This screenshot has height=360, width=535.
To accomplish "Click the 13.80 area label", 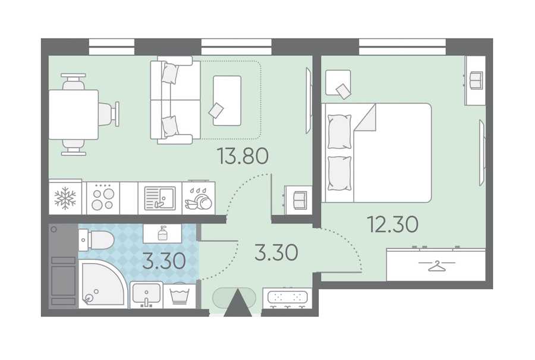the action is (243, 156).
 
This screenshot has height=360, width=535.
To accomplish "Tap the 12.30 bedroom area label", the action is (392, 225).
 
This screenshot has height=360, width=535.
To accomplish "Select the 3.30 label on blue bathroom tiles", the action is (164, 261).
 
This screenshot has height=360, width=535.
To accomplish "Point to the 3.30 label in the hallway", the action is (276, 252).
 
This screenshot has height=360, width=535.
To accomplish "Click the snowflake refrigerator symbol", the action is (65, 198).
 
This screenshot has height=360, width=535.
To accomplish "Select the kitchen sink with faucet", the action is (160, 198).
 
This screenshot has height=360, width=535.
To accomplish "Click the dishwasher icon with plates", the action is (199, 198).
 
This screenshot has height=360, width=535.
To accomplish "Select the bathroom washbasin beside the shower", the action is (146, 295).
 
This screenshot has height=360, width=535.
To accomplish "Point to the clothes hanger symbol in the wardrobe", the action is (437, 266).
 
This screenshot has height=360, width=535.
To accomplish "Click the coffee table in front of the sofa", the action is (227, 101).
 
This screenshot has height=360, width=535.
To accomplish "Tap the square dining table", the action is (73, 115).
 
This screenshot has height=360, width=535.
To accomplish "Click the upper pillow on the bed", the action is (339, 132).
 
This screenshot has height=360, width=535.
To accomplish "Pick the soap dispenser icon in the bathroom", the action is (162, 234).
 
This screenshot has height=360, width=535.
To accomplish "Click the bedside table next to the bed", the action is (338, 83).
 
